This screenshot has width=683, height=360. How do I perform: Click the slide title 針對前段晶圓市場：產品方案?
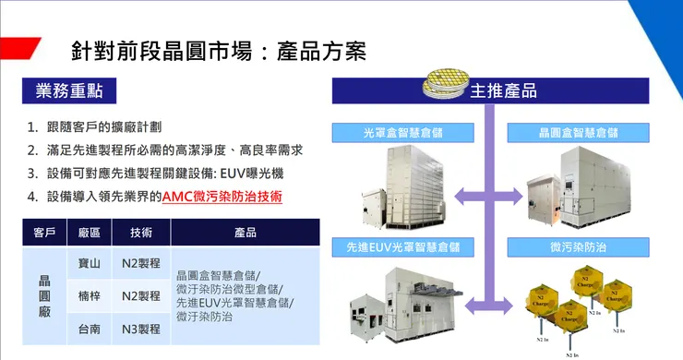(x=219, y=50)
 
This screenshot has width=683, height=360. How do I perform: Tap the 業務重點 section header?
(x=69, y=90)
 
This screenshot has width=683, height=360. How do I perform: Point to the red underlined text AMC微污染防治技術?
(x=222, y=197)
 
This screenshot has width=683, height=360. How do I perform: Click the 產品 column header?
(x=245, y=233)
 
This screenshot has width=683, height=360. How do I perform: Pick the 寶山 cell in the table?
(x=90, y=264)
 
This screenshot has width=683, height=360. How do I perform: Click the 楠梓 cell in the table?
(x=90, y=295)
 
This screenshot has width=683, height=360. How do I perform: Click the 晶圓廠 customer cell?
(x=45, y=295)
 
